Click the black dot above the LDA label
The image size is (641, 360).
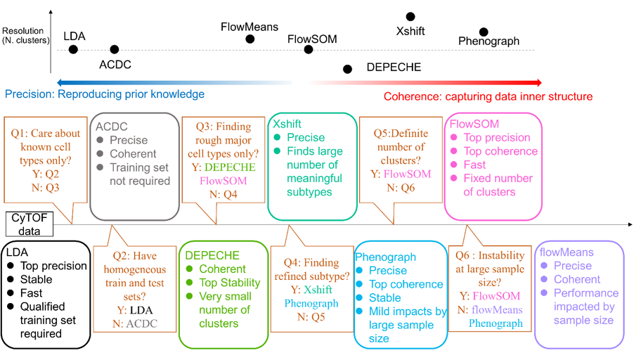(x=73, y=49)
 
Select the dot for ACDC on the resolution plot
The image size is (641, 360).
(x=115, y=49)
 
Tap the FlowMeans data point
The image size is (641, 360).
(x=250, y=39)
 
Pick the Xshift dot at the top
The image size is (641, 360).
(x=410, y=17)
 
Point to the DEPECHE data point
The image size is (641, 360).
(x=347, y=68)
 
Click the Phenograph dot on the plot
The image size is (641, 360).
(x=484, y=32)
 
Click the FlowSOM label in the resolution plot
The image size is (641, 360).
(x=312, y=39)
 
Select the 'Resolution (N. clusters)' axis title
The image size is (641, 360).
(x=25, y=36)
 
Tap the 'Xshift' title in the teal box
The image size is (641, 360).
(x=287, y=124)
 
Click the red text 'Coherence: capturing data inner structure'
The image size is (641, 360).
(x=488, y=96)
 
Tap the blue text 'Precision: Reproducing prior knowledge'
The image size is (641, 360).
(x=104, y=94)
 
